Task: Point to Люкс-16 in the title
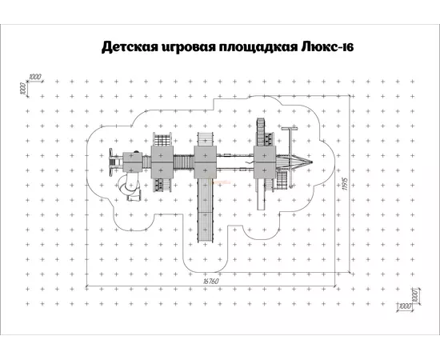point(327,46)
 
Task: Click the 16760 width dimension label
point(210,281)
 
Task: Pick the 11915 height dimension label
point(346,184)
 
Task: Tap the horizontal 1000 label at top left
point(35,77)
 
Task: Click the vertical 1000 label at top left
point(23,89)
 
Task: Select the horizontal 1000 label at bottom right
point(404,306)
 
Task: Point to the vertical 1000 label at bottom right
point(416,296)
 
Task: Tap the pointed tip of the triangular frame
point(312,162)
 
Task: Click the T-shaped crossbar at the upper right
point(290,129)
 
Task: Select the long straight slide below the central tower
point(206,210)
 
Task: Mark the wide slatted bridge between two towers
point(184,162)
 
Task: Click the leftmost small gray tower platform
point(133,162)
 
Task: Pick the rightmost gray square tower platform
point(265,162)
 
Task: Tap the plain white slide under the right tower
point(261,194)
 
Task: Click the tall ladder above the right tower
point(261,132)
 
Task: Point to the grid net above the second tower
point(162,139)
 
